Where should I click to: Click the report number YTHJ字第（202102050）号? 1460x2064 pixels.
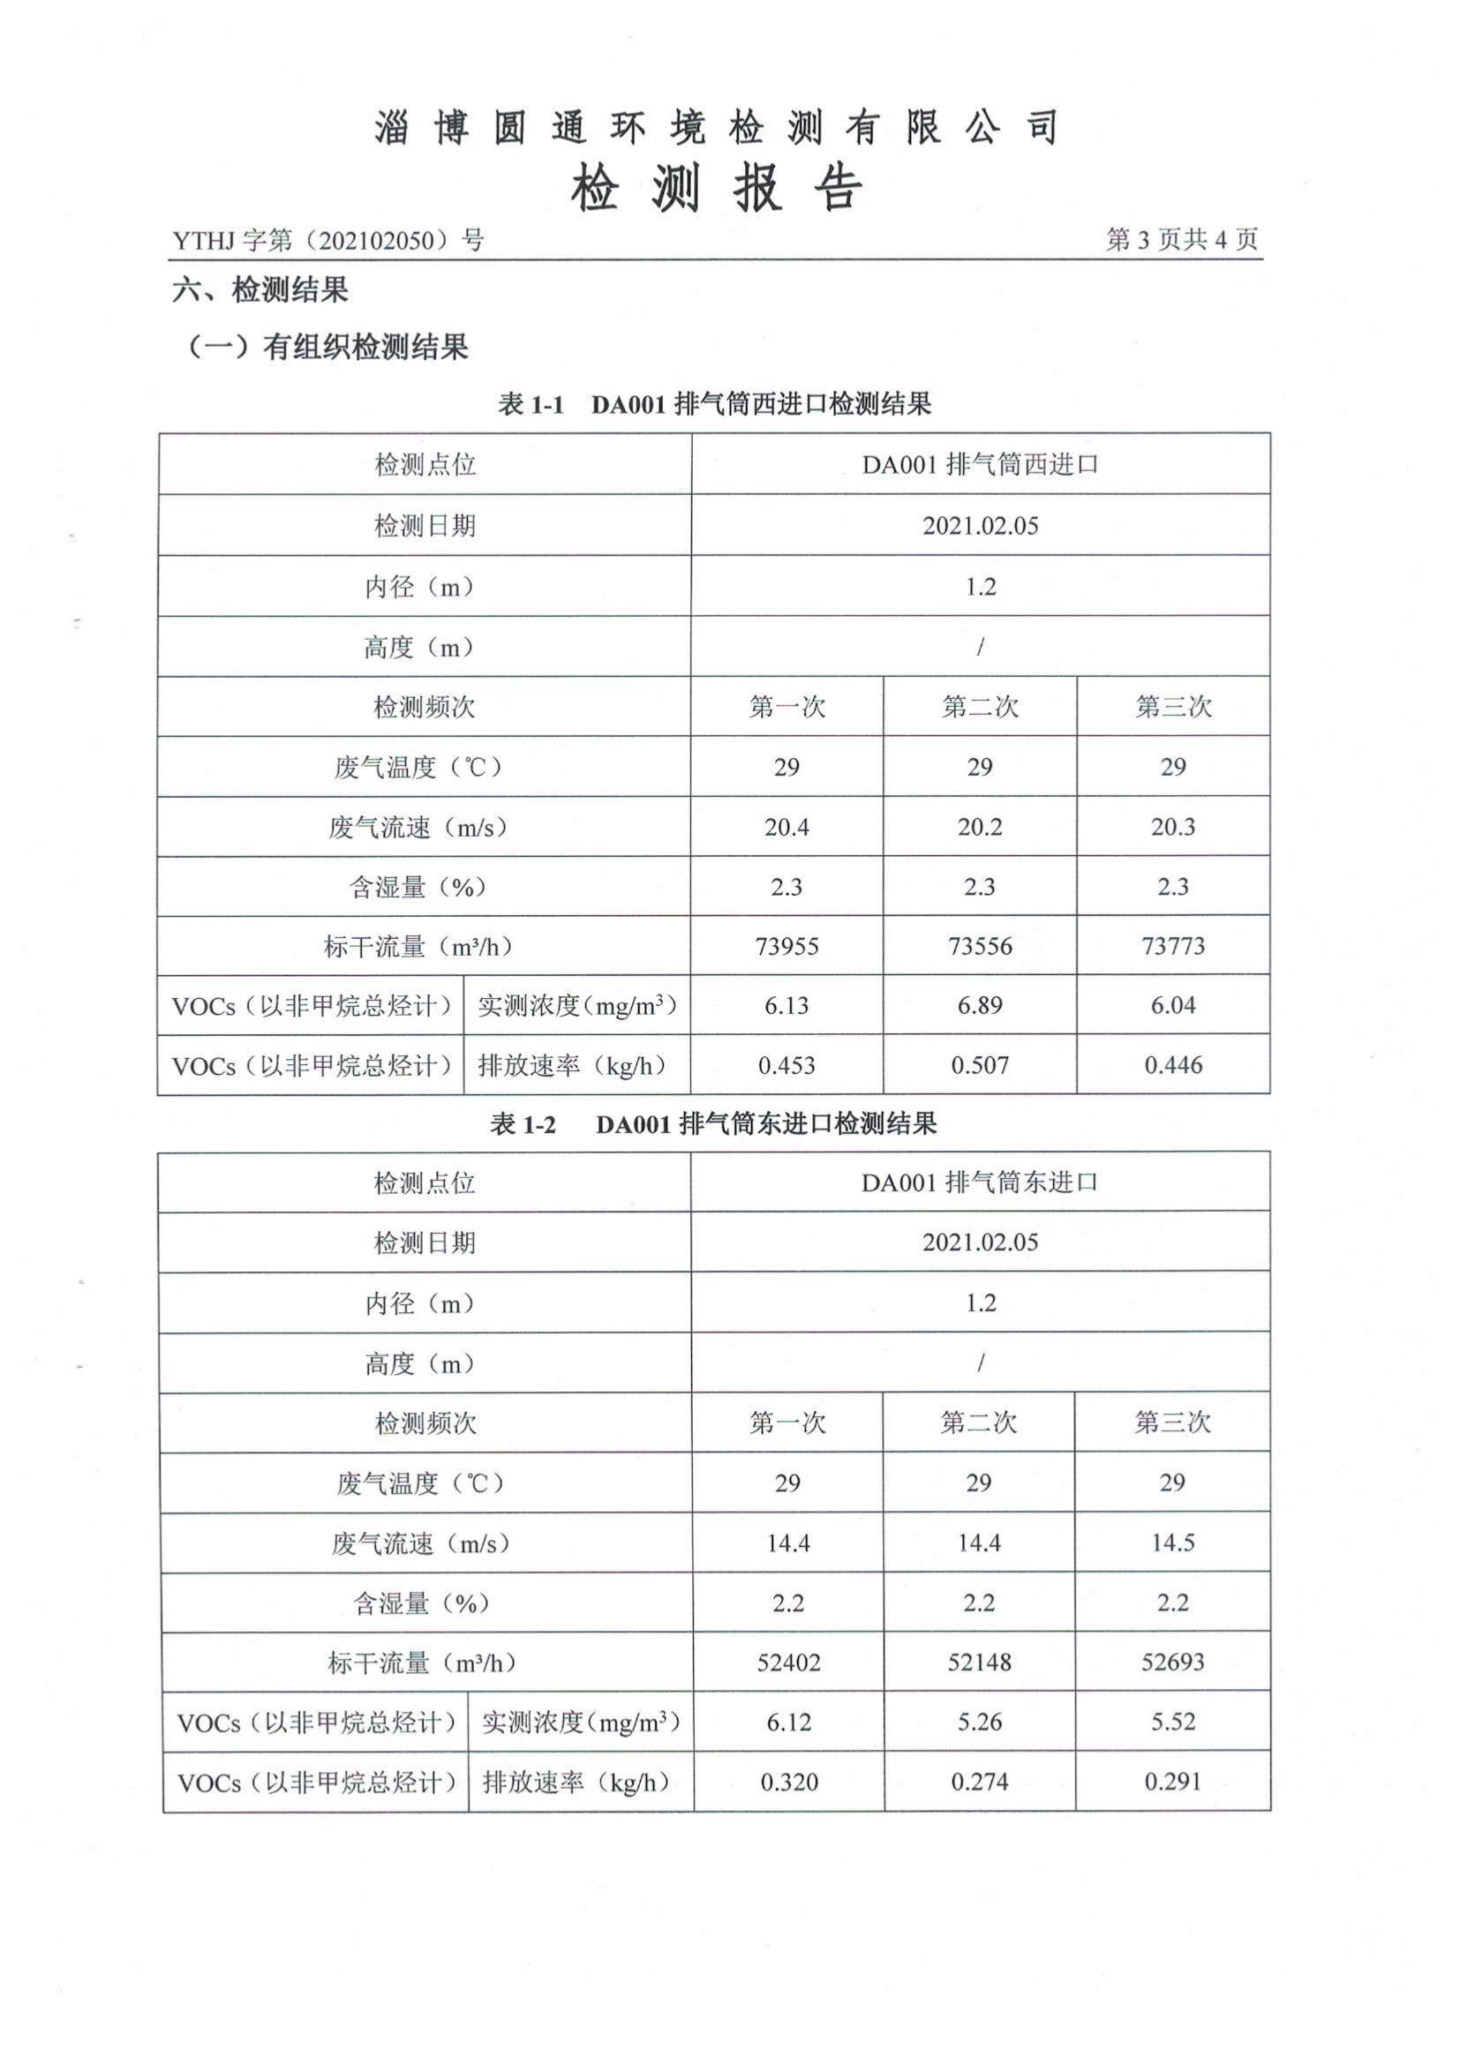tap(328, 240)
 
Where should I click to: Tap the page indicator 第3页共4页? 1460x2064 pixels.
tap(1181, 239)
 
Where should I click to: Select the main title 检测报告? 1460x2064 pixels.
tap(717, 189)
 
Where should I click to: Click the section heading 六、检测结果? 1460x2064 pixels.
tap(260, 290)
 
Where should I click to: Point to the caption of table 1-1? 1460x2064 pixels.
tap(715, 404)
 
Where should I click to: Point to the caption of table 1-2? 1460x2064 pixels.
tap(713, 1122)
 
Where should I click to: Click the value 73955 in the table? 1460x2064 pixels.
tap(786, 946)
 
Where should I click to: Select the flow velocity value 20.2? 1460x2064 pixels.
tap(979, 827)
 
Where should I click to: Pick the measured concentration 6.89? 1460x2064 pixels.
tap(979, 1005)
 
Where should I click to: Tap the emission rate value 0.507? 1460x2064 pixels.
tap(979, 1065)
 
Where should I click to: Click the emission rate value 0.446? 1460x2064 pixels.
tap(1172, 1065)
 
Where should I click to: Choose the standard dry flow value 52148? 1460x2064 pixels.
tap(979, 1662)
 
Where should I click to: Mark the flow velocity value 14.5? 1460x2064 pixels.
tap(1172, 1542)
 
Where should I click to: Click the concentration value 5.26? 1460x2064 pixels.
tap(979, 1723)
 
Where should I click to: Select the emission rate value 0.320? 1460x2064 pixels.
tap(788, 1782)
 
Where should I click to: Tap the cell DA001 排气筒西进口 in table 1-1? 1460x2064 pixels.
tap(980, 465)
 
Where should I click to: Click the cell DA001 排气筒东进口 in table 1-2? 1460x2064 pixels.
tap(980, 1182)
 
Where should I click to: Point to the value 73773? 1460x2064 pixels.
tap(1172, 946)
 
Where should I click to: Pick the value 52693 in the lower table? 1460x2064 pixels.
tap(1172, 1662)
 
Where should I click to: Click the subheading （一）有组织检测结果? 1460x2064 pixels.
tap(327, 347)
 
